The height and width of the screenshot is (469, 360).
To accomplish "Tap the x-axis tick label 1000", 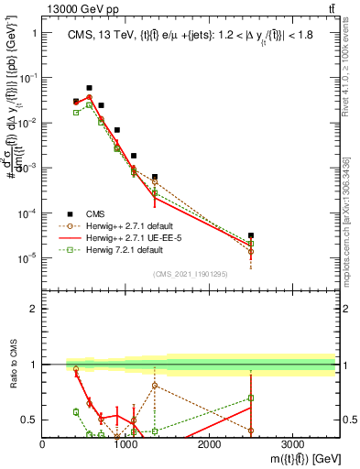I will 125,443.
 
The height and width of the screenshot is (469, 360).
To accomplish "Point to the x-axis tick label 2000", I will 209,443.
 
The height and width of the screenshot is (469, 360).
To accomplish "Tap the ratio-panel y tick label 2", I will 34,309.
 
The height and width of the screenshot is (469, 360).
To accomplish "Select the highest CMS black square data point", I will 89,88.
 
